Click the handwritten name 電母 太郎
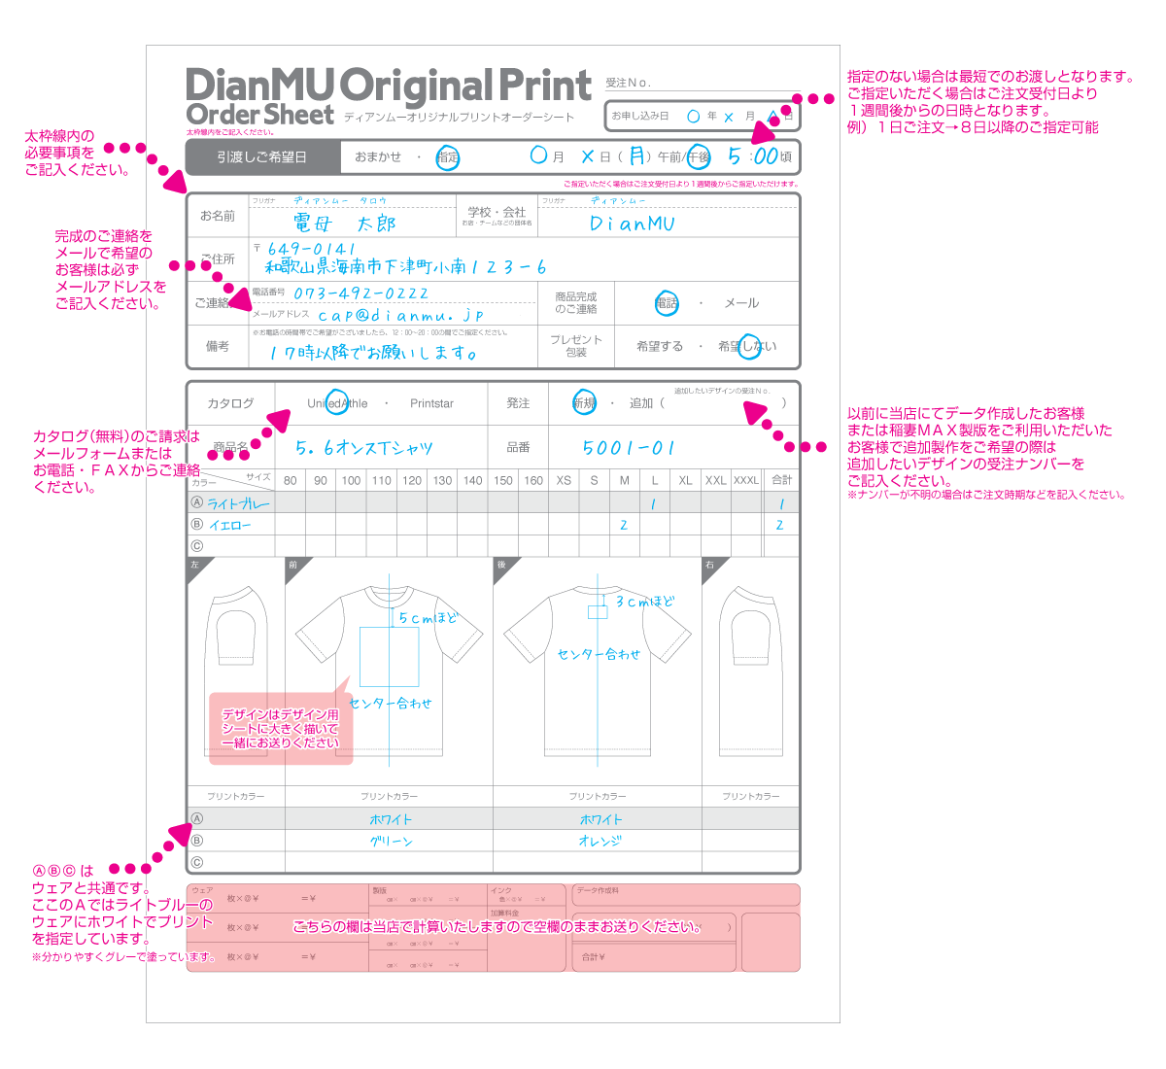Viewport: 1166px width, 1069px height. [345, 224]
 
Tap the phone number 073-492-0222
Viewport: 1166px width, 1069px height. [360, 293]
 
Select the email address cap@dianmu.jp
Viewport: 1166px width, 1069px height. [400, 315]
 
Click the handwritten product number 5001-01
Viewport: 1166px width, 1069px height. [628, 447]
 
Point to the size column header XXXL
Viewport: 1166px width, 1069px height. [746, 480]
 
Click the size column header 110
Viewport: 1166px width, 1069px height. [382, 480]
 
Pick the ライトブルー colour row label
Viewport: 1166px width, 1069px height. [239, 503]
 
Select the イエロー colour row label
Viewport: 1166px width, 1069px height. [230, 525]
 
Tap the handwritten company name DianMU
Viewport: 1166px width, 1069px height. [632, 224]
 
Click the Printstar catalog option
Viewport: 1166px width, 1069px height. [431, 403]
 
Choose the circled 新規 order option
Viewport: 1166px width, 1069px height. [584, 403]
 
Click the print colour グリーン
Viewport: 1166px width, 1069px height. [391, 842]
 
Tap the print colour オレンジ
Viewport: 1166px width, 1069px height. [600, 842]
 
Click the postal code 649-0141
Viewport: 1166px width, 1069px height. [312, 249]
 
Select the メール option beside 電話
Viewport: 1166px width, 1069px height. [741, 303]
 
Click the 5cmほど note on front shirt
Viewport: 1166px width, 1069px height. [428, 618]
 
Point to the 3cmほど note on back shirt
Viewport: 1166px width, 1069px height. [644, 602]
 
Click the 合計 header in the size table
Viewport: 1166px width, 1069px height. [781, 480]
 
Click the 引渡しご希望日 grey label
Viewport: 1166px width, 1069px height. [261, 156]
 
